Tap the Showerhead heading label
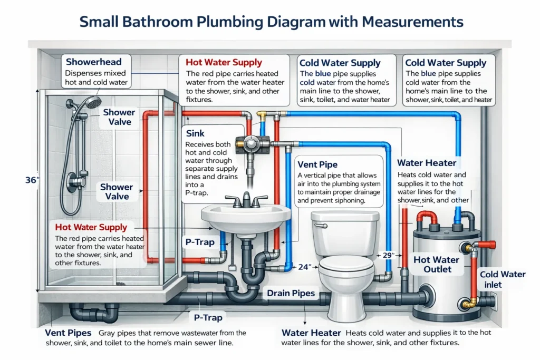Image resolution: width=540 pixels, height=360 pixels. tap(93, 62)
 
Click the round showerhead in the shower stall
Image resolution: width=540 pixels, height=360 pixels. tap(93, 102)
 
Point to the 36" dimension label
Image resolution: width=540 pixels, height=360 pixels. tap(32, 180)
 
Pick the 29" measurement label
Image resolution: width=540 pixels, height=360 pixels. tap(389, 255)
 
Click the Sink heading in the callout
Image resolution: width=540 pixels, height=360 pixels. tap(196, 134)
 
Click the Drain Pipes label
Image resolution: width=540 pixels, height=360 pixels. tap(291, 293)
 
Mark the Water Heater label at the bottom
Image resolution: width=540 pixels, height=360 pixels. tap(312, 333)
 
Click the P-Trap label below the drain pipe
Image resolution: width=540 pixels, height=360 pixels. tap(206, 318)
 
